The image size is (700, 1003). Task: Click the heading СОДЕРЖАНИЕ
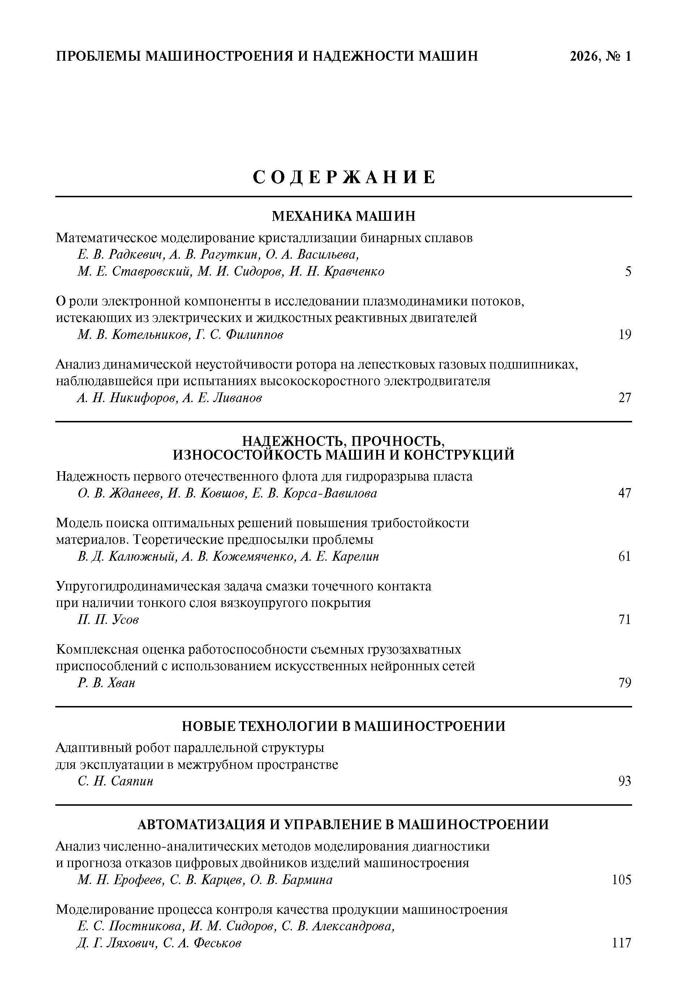coord(344,177)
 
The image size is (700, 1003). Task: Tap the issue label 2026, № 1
coord(600,56)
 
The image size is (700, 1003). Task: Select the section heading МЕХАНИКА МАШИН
coord(343,216)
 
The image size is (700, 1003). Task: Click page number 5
coord(627,272)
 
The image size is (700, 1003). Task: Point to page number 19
coord(625,335)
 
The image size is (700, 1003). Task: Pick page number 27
coord(625,398)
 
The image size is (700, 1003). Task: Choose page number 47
coord(625,493)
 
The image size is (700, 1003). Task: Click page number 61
coord(625,556)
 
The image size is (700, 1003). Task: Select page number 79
coord(625,683)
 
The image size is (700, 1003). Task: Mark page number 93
coord(625,781)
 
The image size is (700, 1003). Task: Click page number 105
coord(622,879)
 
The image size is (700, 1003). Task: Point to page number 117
coord(622,943)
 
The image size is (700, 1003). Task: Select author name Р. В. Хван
coord(106,683)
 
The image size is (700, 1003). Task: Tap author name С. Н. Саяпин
coord(115,781)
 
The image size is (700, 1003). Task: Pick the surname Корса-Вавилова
coord(330,493)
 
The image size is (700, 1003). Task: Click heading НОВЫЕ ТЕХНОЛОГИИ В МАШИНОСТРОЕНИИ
coord(343,726)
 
